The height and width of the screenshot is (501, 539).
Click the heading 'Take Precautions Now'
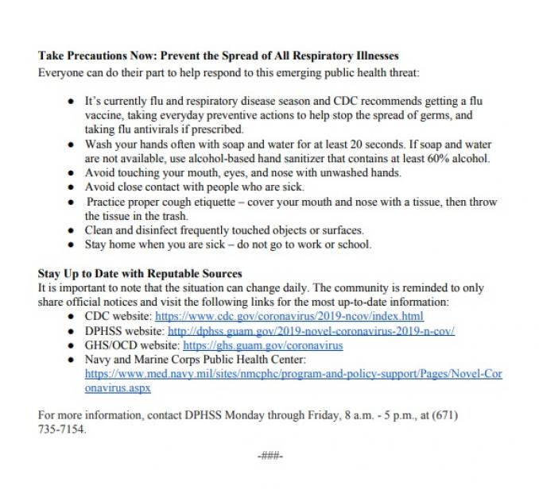click(218, 57)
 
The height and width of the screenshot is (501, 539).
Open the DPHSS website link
click(311, 331)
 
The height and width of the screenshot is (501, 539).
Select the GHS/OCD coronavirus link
click(262, 345)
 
